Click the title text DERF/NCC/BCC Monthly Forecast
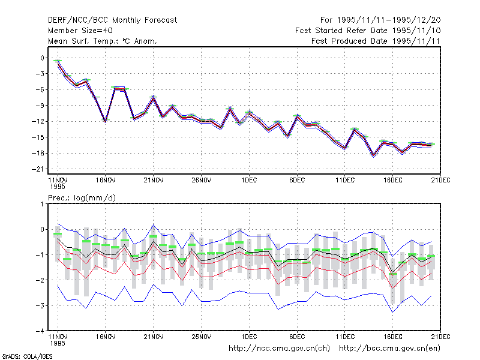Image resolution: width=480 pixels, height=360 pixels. pyautogui.click(x=112, y=20)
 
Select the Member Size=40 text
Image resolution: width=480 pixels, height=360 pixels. pyautogui.click(x=80, y=31)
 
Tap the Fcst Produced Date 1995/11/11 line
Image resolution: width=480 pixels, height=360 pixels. pyautogui.click(x=376, y=41)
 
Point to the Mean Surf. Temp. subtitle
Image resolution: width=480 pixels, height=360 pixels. pyautogui.click(x=102, y=41)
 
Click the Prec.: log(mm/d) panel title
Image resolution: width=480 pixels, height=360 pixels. pyautogui.click(x=82, y=198)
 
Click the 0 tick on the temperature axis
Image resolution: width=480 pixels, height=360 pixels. pyautogui.click(x=42, y=58)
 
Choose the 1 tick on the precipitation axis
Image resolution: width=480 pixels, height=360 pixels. pyautogui.click(x=42, y=204)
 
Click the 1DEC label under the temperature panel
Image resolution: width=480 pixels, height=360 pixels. pyautogui.click(x=249, y=180)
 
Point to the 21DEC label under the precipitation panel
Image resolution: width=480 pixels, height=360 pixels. pyautogui.click(x=440, y=337)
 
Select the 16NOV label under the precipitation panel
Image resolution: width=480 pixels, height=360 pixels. pyautogui.click(x=106, y=337)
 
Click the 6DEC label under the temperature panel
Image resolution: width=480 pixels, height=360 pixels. pyautogui.click(x=297, y=180)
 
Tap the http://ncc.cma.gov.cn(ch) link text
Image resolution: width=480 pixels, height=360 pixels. pyautogui.click(x=279, y=349)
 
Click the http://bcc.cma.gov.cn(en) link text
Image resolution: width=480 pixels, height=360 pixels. pyautogui.click(x=389, y=349)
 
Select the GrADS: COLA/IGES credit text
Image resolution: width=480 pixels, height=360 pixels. pyautogui.click(x=27, y=356)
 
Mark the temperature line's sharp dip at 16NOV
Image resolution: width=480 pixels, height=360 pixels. pyautogui.click(x=106, y=122)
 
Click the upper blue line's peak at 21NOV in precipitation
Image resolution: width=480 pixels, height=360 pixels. pyautogui.click(x=154, y=226)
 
